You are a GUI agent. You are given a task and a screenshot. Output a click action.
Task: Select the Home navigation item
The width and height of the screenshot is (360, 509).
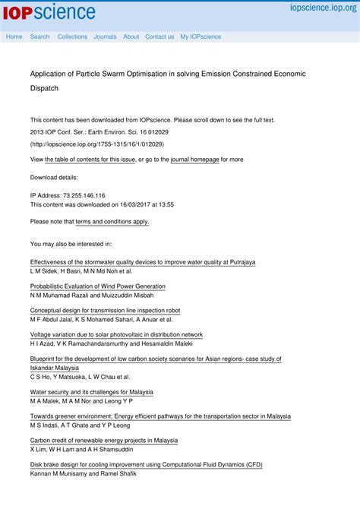click(14, 36)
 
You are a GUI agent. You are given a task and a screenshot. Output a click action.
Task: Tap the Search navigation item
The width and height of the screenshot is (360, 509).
click(39, 36)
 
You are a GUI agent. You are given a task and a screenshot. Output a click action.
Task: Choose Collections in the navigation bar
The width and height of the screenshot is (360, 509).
click(72, 36)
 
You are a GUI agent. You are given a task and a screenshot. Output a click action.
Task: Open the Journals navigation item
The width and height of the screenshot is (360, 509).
click(105, 36)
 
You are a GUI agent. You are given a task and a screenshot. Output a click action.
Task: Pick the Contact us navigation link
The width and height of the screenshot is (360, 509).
click(159, 36)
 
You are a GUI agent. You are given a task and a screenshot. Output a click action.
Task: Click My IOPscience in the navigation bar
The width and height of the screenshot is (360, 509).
click(201, 36)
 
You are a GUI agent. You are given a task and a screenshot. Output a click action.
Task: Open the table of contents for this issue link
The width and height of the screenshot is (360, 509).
click(90, 160)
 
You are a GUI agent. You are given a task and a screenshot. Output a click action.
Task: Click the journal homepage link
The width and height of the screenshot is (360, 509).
click(194, 160)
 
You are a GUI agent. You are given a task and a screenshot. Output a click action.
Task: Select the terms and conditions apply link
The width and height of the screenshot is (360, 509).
click(112, 222)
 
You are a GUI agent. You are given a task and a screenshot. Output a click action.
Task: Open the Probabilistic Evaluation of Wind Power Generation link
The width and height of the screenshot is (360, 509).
click(97, 286)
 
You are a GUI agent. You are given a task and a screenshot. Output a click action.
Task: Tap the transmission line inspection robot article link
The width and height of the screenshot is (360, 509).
click(105, 311)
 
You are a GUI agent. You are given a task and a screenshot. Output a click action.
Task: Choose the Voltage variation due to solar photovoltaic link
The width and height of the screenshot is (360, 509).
click(116, 334)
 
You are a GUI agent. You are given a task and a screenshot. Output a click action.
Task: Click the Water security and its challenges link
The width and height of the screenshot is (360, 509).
click(91, 392)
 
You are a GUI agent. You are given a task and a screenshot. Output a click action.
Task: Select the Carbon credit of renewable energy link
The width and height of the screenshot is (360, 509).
click(103, 440)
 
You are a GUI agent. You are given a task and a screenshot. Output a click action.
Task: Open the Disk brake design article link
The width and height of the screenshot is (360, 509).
click(146, 464)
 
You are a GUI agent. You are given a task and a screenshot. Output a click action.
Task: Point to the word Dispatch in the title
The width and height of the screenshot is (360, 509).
click(44, 89)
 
